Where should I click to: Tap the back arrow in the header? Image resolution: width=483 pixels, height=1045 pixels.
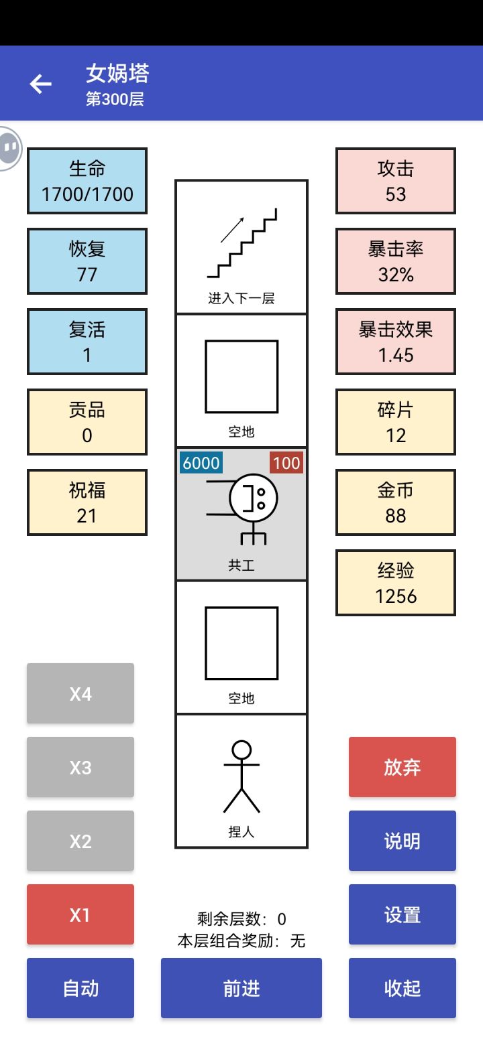click(40, 84)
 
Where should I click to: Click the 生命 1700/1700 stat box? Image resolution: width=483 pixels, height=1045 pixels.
click(87, 181)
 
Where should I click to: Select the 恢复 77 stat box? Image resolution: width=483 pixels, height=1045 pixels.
click(87, 261)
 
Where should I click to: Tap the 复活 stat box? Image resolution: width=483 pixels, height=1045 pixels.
click(87, 342)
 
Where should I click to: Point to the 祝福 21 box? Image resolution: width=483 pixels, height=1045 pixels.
click(87, 502)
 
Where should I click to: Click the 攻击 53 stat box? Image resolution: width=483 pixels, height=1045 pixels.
click(396, 181)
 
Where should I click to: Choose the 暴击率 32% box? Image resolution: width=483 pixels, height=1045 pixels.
click(396, 261)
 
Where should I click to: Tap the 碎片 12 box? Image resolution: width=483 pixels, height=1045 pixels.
click(396, 422)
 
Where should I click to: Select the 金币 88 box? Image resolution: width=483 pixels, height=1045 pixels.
click(396, 502)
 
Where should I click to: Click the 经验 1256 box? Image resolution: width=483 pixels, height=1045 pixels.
click(396, 583)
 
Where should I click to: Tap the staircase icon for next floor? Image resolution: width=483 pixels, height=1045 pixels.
click(242, 244)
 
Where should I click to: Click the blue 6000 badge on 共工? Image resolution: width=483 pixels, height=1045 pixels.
click(201, 463)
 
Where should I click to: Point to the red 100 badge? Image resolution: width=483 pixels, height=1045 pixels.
click(286, 463)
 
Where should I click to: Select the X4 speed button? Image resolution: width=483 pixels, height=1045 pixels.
click(80, 693)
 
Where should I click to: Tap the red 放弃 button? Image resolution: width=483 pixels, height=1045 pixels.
click(402, 767)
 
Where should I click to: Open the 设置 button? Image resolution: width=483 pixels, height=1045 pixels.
click(402, 914)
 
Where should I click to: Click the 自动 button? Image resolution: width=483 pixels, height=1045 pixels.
click(80, 988)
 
